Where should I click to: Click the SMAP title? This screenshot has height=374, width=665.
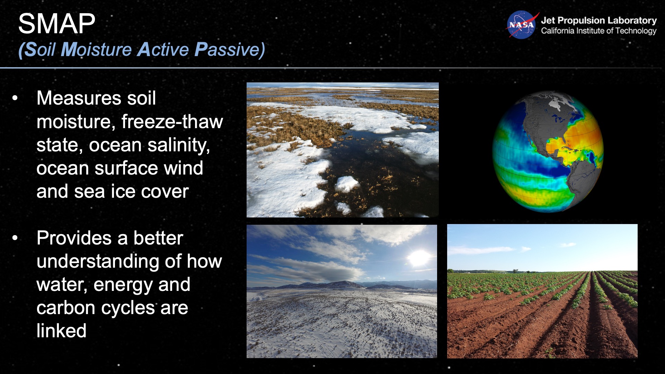click(x=56, y=24)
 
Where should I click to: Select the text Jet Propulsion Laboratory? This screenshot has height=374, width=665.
click(x=598, y=20)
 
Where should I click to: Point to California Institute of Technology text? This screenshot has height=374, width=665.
click(x=598, y=31)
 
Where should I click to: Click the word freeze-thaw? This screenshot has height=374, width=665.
click(x=172, y=122)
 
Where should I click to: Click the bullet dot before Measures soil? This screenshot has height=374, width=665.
click(x=15, y=98)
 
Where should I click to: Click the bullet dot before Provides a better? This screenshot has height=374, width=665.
click(x=15, y=238)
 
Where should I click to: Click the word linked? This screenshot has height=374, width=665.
click(x=61, y=331)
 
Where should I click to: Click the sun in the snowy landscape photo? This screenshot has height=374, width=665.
click(x=419, y=257)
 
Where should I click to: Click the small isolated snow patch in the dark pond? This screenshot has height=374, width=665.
click(x=347, y=184)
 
